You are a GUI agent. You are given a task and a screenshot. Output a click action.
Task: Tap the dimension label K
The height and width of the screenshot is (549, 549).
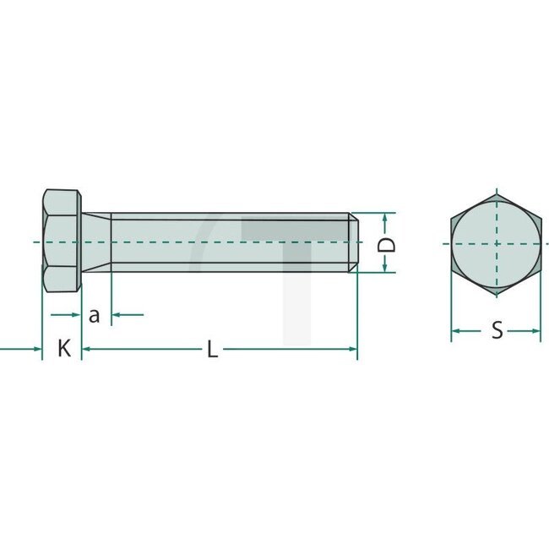[63, 348]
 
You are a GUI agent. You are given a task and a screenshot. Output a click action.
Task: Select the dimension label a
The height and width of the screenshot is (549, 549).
[95, 315]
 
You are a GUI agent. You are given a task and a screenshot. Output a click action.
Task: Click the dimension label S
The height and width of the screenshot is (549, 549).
[497, 330]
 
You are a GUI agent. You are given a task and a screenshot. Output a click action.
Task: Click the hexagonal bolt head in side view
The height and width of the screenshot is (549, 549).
[61, 242]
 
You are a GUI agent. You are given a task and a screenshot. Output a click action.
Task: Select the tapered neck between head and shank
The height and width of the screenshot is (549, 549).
[95, 242]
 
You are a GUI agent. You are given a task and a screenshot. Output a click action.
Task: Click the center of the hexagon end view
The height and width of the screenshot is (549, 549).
[496, 242]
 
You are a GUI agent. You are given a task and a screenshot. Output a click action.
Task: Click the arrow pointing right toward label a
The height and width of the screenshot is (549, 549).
[75, 315]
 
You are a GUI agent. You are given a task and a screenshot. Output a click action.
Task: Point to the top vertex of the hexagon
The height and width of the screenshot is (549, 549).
[496, 191]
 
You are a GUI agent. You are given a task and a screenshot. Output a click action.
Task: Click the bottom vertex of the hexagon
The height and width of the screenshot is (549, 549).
[496, 294]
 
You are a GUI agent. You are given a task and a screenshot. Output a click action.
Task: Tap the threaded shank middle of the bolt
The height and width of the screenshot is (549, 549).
[228, 242]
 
